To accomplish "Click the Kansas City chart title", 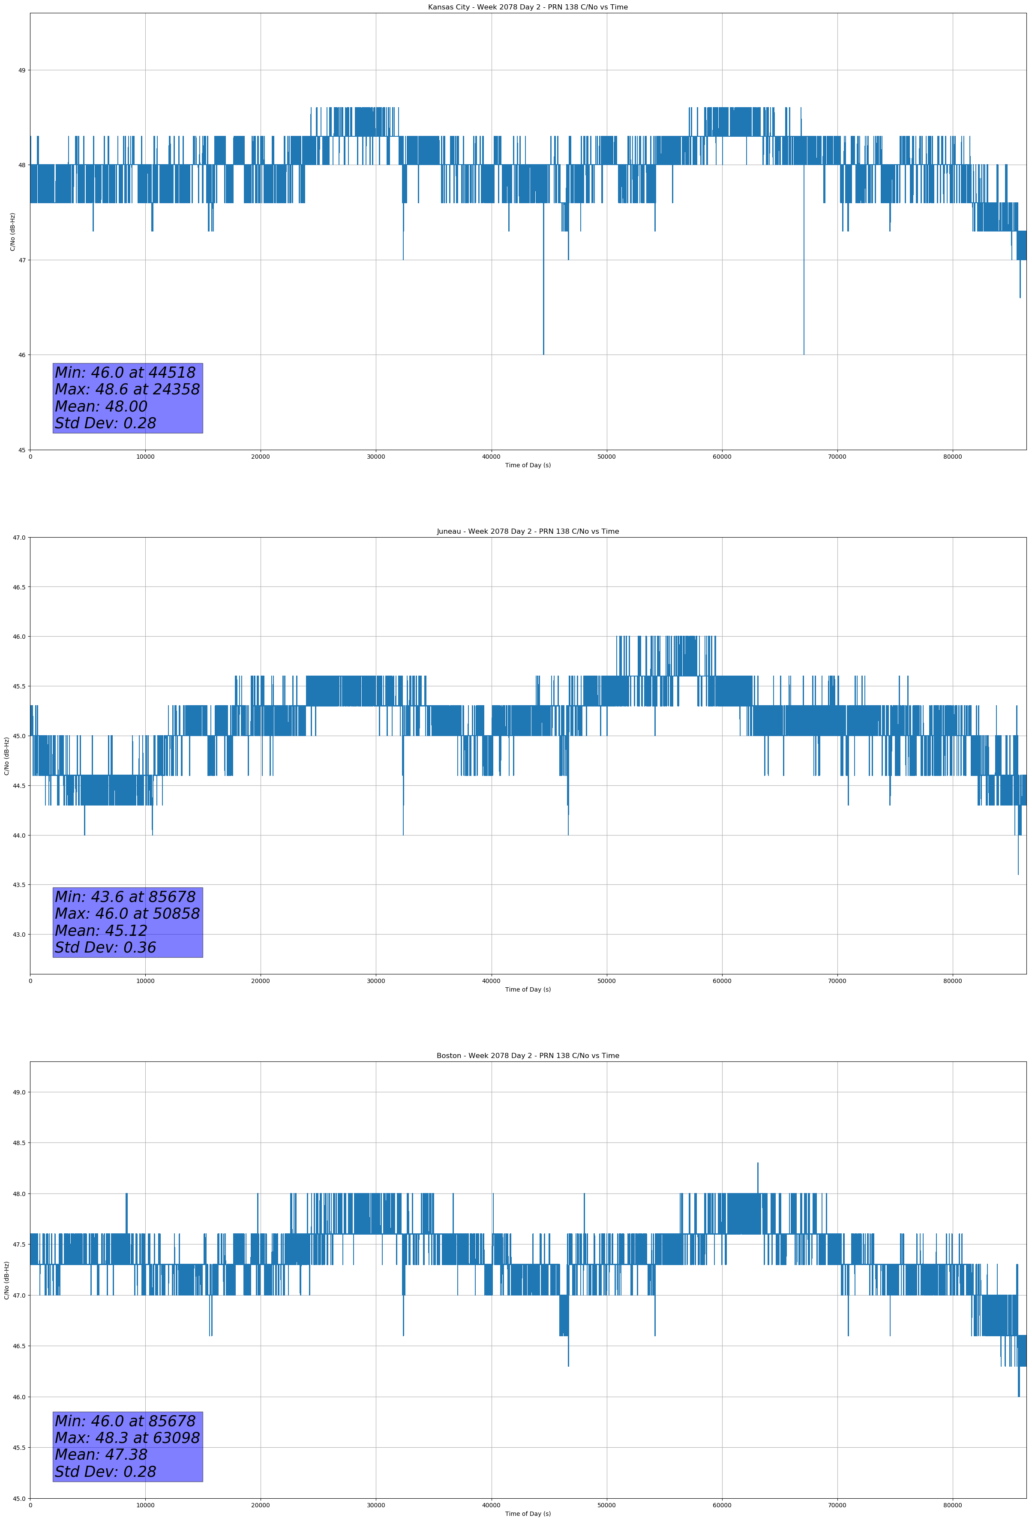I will pyautogui.click(x=528, y=7).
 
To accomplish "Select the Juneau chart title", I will pyautogui.click(x=528, y=532).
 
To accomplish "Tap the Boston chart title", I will pyautogui.click(x=528, y=1056).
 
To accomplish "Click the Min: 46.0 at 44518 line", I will pyautogui.click(x=125, y=373).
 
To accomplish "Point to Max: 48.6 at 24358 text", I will pyautogui.click(x=127, y=389).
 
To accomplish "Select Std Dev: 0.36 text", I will pyautogui.click(x=105, y=948).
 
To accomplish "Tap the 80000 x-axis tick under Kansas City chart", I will pyautogui.click(x=952, y=457).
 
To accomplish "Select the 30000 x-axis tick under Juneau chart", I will pyautogui.click(x=375, y=981).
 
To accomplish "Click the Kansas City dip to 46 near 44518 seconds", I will pyautogui.click(x=543, y=352).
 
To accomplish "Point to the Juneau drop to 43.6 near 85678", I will pyautogui.click(x=1018, y=872).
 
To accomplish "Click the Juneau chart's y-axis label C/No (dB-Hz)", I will pyautogui.click(x=6, y=756).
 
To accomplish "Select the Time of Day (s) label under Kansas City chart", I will pyautogui.click(x=528, y=465).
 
